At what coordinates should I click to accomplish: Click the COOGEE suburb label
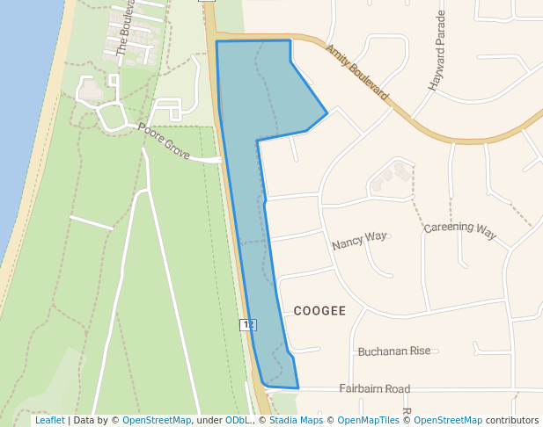point(319,311)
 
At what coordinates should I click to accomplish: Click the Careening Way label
point(459,230)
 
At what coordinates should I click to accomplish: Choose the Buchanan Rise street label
point(394,351)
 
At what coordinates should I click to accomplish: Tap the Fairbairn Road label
point(374,388)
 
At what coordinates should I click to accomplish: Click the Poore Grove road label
point(163,141)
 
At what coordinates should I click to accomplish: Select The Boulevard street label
point(126,28)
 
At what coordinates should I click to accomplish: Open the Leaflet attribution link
point(49,421)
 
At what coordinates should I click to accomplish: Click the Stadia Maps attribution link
point(295,421)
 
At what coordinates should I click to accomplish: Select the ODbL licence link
point(237,421)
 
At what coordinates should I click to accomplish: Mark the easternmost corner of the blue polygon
point(327,112)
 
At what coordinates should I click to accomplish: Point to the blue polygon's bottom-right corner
point(298,387)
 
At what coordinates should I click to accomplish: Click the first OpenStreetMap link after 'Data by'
point(157,421)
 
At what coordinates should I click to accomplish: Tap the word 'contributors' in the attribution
point(512,421)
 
